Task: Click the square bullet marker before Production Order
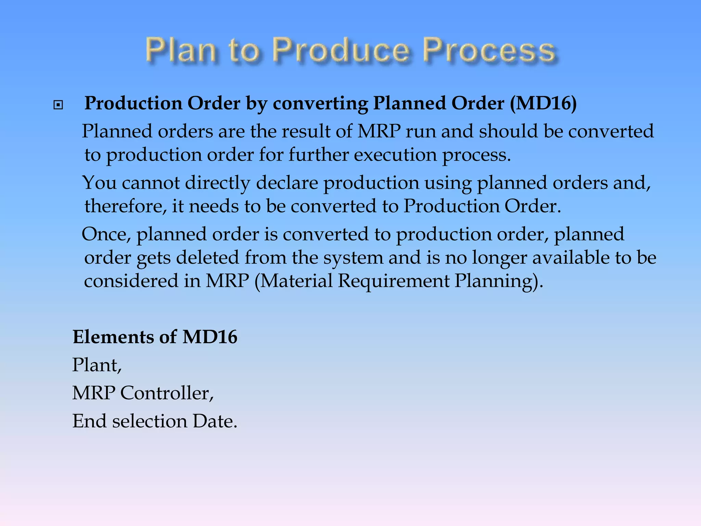[58, 105]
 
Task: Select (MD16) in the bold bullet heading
[543, 103]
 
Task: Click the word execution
[395, 154]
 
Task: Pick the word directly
[218, 183]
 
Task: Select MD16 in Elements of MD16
[210, 337]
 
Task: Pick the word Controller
[167, 393]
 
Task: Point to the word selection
[150, 421]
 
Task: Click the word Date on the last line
[215, 421]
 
